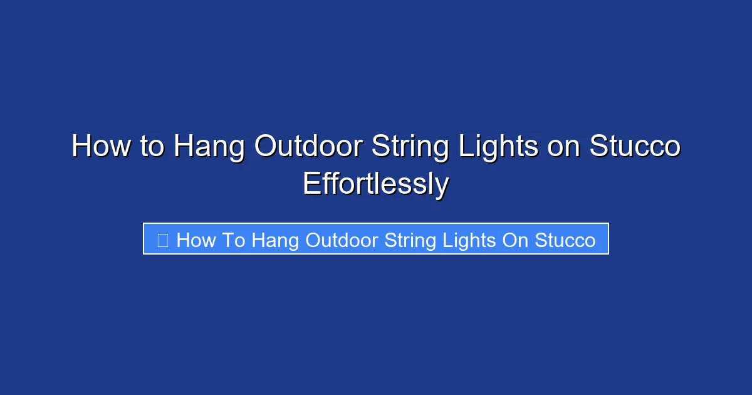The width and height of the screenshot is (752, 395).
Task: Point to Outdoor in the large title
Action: click(x=309, y=147)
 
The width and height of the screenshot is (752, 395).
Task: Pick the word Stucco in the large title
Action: click(x=635, y=147)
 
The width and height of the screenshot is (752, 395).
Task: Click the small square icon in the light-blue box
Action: click(x=162, y=240)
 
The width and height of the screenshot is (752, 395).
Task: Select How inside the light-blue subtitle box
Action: click(x=196, y=240)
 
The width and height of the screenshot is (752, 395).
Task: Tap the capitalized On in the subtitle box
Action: click(x=516, y=240)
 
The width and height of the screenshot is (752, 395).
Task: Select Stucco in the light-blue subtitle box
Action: click(x=565, y=240)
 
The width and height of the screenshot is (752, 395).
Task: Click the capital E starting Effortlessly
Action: click(x=311, y=184)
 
